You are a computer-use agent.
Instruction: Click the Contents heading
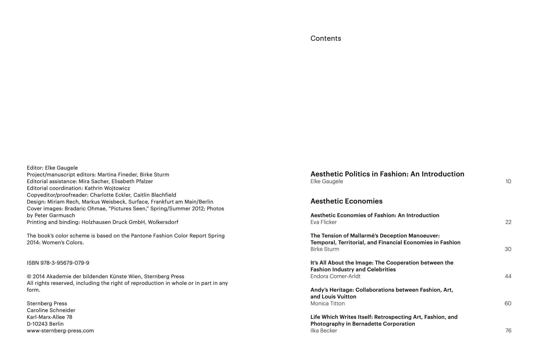(326, 38)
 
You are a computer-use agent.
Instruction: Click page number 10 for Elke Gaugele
(508, 181)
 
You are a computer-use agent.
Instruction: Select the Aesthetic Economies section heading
(346, 201)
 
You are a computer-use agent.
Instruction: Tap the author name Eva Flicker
(323, 222)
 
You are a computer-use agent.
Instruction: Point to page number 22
(508, 222)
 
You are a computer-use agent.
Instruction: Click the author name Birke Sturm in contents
(325, 249)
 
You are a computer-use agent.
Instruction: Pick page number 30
(508, 249)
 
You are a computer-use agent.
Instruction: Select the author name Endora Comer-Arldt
(335, 276)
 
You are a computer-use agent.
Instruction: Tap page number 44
(508, 276)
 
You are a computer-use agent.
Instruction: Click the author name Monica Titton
(328, 303)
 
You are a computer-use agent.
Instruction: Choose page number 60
(508, 303)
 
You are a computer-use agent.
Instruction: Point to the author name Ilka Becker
(324, 331)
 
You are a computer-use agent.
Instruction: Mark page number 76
(508, 331)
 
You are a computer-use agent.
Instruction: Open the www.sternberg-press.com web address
(60, 331)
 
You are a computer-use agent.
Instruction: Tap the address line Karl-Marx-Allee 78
(49, 317)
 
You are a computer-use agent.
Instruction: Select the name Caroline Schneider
(51, 310)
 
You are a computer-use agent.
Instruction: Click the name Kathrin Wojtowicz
(107, 188)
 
